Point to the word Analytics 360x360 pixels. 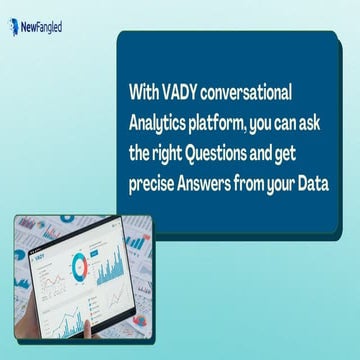pyautogui.click(x=159, y=124)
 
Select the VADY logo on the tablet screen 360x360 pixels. pyautogui.click(x=40, y=256)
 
